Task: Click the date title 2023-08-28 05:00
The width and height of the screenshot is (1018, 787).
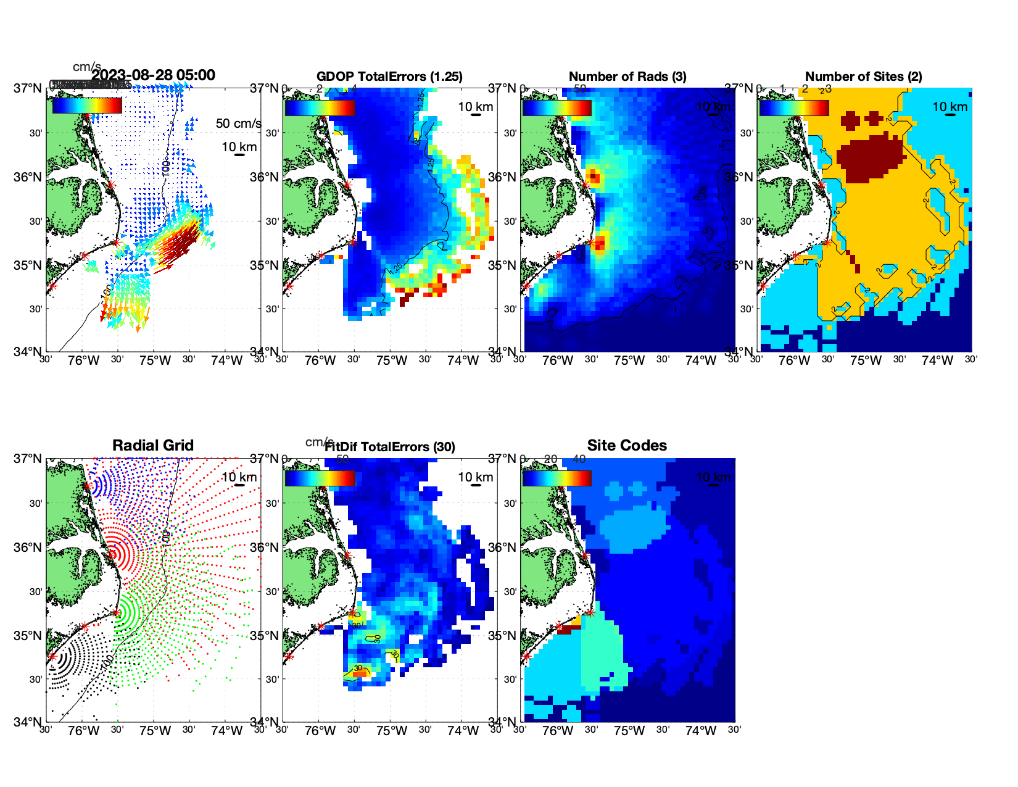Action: pyautogui.click(x=154, y=75)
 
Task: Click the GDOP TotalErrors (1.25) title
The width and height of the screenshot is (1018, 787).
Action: pyautogui.click(x=389, y=77)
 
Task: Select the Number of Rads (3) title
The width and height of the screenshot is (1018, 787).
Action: pyautogui.click(x=627, y=77)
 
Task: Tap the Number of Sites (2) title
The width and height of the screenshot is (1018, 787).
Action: pyautogui.click(x=863, y=77)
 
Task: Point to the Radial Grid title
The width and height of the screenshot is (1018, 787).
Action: pyautogui.click(x=153, y=446)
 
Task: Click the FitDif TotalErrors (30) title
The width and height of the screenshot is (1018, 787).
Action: pyautogui.click(x=390, y=447)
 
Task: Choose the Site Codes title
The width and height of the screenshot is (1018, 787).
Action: pyautogui.click(x=627, y=446)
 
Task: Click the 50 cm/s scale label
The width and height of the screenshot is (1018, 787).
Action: pyautogui.click(x=238, y=123)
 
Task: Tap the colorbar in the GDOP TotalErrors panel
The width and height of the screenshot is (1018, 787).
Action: pyautogui.click(x=320, y=107)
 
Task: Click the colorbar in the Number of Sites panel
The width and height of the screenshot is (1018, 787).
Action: pyautogui.click(x=794, y=107)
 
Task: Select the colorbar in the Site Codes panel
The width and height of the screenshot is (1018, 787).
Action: pyautogui.click(x=557, y=478)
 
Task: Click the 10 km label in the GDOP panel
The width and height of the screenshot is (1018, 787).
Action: pyautogui.click(x=475, y=107)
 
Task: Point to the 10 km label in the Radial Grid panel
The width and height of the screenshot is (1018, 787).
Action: pyautogui.click(x=239, y=477)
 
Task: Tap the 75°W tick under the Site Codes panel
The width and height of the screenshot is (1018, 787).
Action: pyautogui.click(x=629, y=731)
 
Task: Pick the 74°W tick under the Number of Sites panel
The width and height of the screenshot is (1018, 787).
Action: pyautogui.click(x=937, y=360)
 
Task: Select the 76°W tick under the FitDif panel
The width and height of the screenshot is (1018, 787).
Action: pyautogui.click(x=320, y=731)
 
